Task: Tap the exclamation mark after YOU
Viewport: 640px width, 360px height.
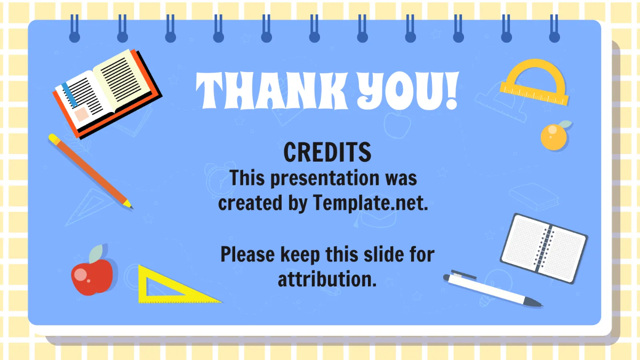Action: click(x=451, y=92)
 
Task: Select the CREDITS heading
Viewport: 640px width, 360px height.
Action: click(x=327, y=153)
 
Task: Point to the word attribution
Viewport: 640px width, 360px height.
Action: click(x=327, y=278)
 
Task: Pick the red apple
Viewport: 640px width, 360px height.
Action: click(x=92, y=277)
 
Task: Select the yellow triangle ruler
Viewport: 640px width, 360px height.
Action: click(x=171, y=288)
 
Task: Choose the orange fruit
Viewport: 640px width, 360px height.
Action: click(x=554, y=137)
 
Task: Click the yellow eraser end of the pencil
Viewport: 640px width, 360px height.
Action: click(x=54, y=139)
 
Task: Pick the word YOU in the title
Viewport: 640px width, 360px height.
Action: click(x=395, y=92)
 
